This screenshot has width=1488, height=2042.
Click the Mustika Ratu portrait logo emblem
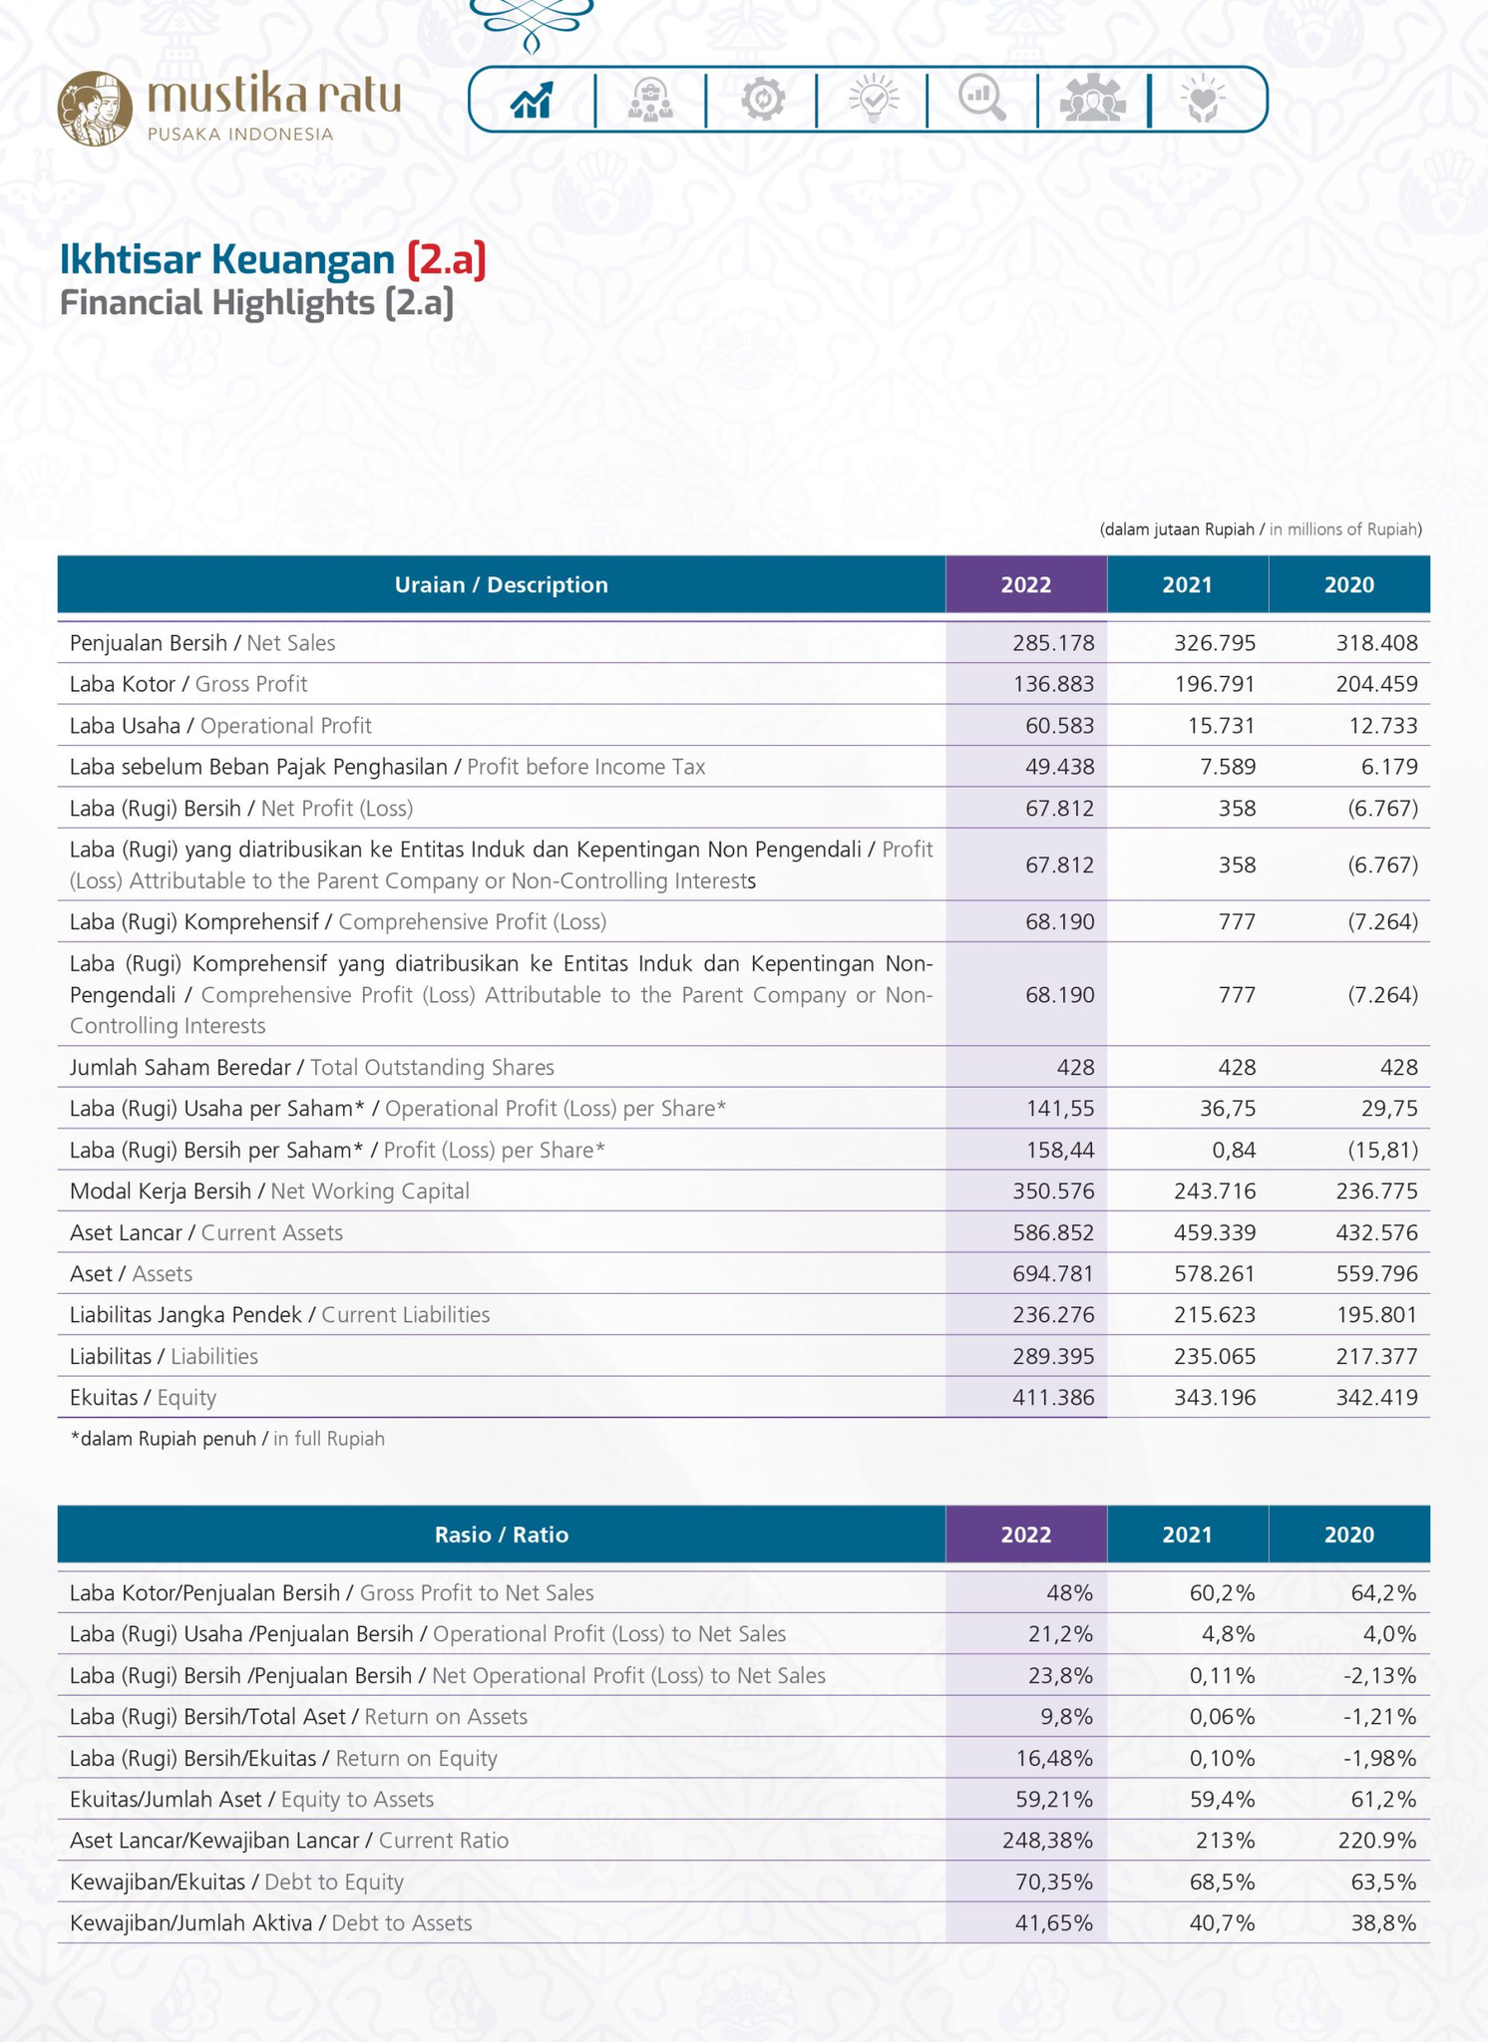[95, 109]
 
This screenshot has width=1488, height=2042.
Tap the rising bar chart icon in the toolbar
[532, 100]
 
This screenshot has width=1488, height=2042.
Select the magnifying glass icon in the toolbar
[982, 99]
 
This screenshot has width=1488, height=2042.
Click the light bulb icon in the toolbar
[874, 99]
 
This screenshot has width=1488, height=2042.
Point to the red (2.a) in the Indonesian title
[446, 258]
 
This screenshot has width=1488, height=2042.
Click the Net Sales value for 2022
[1053, 643]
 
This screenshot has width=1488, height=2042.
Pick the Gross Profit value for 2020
[1377, 684]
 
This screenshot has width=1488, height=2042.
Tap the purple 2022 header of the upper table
[1026, 584]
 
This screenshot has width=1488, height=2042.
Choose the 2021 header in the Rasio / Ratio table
[1188, 1533]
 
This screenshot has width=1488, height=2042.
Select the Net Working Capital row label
[269, 1191]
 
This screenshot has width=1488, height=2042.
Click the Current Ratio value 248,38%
[1048, 1841]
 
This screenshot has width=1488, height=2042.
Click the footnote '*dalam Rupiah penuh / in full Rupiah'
[227, 1439]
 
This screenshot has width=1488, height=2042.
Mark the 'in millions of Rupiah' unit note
[1346, 529]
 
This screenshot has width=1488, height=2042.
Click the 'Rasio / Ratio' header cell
[502, 1533]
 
